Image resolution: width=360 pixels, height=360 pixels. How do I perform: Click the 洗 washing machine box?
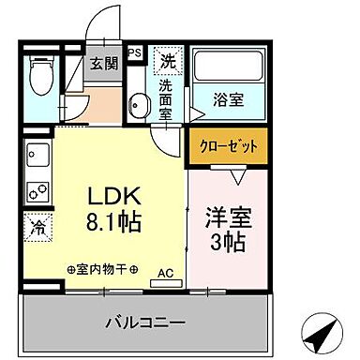click(x=167, y=62)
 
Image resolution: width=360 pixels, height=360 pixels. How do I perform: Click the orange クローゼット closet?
click(x=228, y=146)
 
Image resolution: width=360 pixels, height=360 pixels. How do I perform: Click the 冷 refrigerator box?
click(x=38, y=226)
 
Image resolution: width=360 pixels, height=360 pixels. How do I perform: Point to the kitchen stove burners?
click(x=38, y=191)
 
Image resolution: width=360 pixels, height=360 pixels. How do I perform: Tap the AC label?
click(x=165, y=273)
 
